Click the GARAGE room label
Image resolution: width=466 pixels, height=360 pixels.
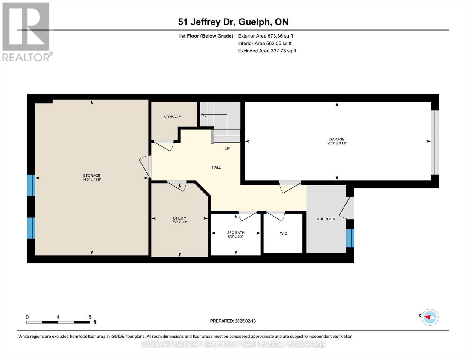[337, 139]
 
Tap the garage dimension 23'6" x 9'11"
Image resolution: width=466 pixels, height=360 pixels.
[337, 143]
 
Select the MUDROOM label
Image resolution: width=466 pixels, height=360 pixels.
[326, 219]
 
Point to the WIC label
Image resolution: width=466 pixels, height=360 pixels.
[284, 233]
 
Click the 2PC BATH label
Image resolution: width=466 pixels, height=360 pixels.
[236, 232]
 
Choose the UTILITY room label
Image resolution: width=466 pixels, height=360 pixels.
[179, 218]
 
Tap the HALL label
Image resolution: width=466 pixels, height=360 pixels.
[216, 167]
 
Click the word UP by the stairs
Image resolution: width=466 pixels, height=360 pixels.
[227, 148]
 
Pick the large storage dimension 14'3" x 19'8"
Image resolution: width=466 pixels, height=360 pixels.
[92, 179]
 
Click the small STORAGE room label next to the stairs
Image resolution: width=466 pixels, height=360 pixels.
[172, 117]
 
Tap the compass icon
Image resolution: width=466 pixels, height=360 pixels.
[430, 317]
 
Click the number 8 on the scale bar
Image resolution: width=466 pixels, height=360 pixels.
[90, 317]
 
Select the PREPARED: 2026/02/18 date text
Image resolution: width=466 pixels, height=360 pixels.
[233, 321]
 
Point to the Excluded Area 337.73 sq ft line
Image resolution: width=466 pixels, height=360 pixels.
[267, 51]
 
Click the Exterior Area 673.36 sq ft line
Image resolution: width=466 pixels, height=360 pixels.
[266, 36]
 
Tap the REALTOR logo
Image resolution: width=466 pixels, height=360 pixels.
[27, 32]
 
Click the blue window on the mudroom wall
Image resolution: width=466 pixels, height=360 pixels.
[350, 238]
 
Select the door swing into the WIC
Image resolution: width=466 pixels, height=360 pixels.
[276, 216]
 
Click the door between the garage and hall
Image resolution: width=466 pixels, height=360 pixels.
[290, 187]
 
